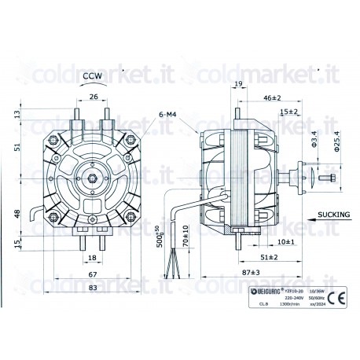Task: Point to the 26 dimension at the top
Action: coord(94,97)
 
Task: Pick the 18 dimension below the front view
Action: coord(92,257)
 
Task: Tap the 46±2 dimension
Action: coord(271,98)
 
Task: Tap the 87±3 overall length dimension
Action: coord(252,272)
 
